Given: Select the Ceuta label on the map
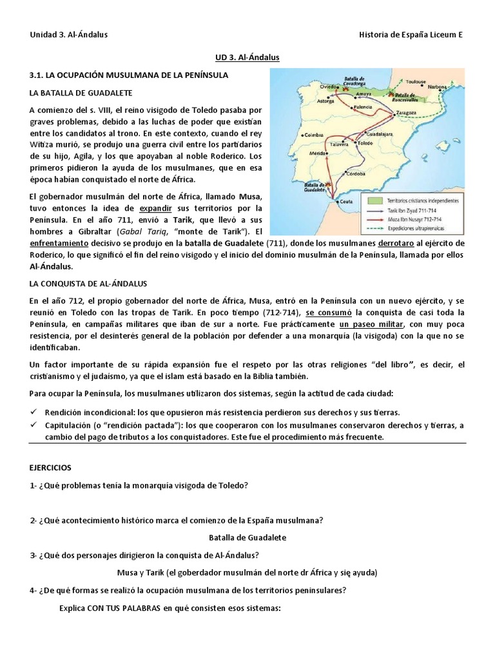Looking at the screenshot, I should (x=347, y=201).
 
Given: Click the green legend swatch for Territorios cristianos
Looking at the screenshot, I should (x=371, y=200).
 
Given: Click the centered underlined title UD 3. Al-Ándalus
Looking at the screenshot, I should (x=247, y=58).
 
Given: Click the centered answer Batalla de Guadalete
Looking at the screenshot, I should (x=247, y=537).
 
